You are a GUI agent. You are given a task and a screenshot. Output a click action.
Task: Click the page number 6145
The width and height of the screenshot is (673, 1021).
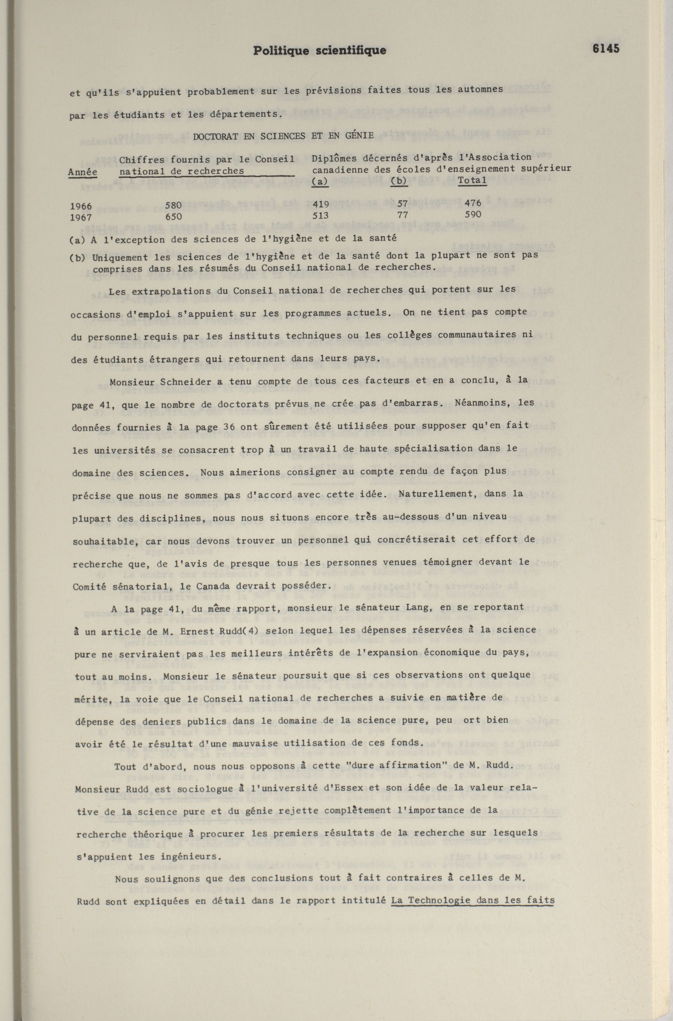point(606,49)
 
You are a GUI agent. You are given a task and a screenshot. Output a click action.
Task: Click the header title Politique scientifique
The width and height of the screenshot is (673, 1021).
point(319,51)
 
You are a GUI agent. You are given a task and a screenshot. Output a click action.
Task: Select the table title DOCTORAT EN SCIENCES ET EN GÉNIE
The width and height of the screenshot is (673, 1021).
point(283,137)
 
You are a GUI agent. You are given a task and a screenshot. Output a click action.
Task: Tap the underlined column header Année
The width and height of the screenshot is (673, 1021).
point(82,171)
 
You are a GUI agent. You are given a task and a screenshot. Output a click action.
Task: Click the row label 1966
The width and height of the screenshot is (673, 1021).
point(81,206)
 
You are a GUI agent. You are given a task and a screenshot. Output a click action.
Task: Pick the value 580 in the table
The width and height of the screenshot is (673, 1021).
point(173,205)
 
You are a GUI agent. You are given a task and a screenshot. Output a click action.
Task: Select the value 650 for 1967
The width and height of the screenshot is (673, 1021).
point(173,216)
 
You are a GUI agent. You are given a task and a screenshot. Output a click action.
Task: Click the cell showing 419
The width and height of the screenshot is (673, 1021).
point(320,204)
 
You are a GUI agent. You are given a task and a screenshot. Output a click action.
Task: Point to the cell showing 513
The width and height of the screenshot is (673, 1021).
point(320,215)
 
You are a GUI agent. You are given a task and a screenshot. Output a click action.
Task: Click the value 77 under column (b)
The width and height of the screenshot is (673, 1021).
point(403,214)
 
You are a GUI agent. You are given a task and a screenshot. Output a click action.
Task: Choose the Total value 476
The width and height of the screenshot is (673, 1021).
point(473,203)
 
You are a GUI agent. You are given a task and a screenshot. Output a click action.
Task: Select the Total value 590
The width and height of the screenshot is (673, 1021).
point(473,214)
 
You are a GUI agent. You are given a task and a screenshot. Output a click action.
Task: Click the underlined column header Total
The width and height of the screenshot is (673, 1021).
point(472,180)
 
